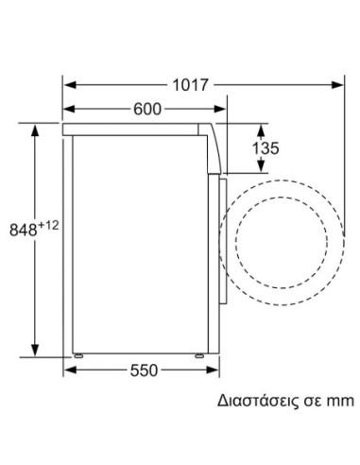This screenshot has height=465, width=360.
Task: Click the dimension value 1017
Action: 191,84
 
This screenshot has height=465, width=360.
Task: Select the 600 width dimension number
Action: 147,110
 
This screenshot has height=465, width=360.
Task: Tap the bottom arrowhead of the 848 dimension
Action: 36,349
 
